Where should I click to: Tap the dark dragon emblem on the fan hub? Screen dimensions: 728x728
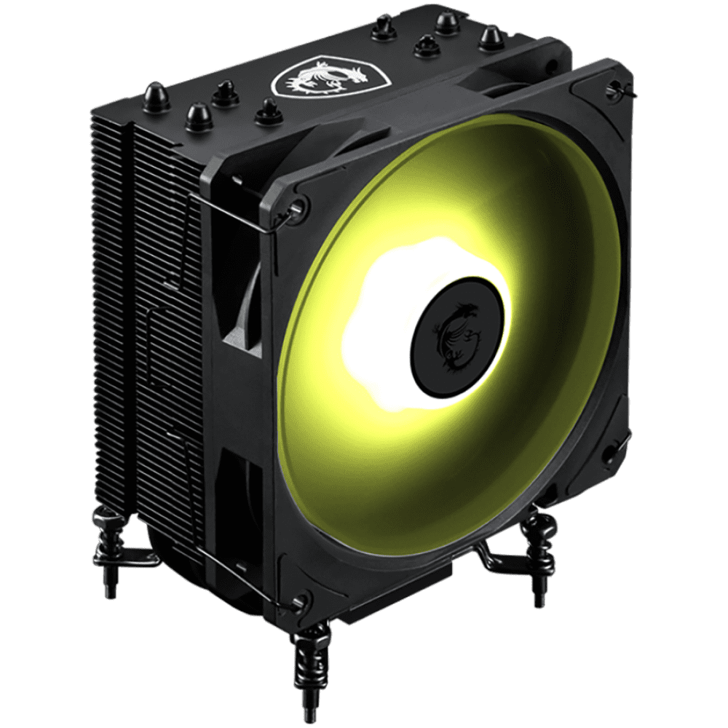[456, 336]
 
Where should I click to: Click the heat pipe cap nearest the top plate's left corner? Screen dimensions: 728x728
[155, 96]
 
